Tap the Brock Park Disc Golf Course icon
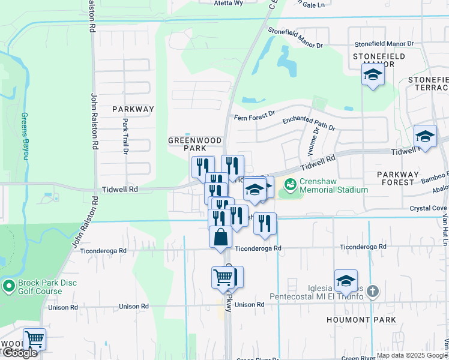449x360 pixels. click(x=8, y=286)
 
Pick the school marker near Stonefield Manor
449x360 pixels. click(x=373, y=76)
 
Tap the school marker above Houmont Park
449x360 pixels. click(x=346, y=281)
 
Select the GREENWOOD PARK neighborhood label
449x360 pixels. click(x=194, y=144)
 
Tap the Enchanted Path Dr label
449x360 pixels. click(x=309, y=123)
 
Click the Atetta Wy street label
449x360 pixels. click(x=228, y=3)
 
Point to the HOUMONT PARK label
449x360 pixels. click(x=361, y=320)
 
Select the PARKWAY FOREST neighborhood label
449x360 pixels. click(x=405, y=178)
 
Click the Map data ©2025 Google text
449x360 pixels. click(x=412, y=356)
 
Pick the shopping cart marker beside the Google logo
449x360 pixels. click(x=34, y=340)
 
